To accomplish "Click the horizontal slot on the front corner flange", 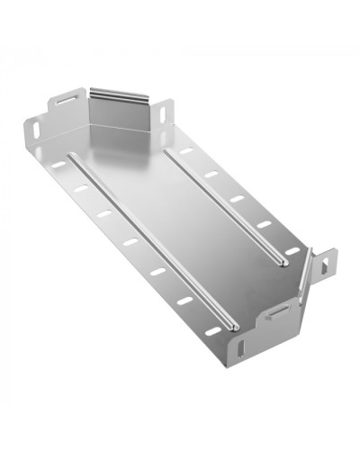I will pos(278,311).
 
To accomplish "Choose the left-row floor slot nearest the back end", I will pos(58,165).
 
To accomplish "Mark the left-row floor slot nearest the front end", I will pos(210,328).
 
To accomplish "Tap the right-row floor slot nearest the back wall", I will pos(186,150).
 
